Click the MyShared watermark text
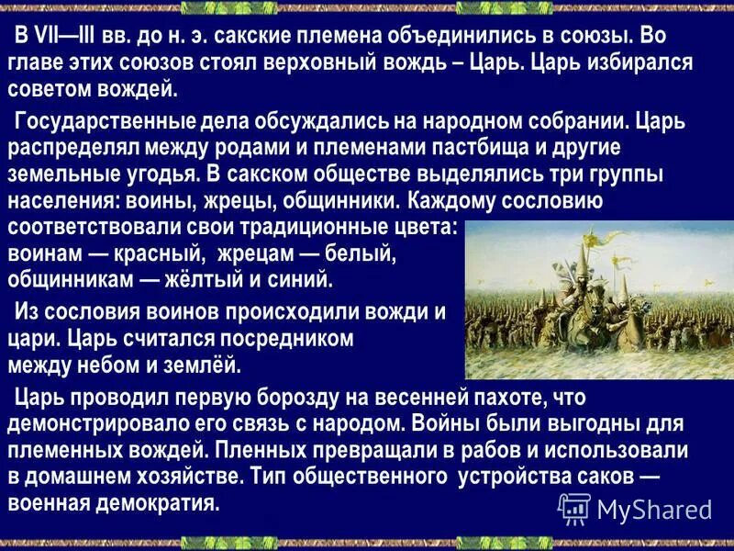(653, 509)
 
